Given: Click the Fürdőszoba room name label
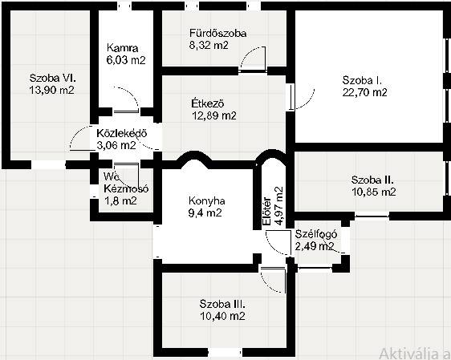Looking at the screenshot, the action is (x=217, y=33).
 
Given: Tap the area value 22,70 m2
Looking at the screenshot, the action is (x=364, y=92).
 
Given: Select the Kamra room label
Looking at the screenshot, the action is (x=122, y=47).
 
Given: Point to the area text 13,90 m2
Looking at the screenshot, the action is (x=52, y=90).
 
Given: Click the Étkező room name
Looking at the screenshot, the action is (x=208, y=103).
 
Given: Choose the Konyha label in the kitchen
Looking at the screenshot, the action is (x=207, y=200).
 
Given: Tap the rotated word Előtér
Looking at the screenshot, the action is (x=266, y=211).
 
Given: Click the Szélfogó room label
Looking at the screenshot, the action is (x=316, y=234).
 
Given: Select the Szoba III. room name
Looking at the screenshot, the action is (x=222, y=304).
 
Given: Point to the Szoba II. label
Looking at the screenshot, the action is (x=372, y=180).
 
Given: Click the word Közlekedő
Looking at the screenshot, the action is (x=122, y=133).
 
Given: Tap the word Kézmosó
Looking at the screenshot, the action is (x=126, y=188).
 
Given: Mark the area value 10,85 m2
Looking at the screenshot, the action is (x=374, y=192).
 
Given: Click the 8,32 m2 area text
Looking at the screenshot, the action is (x=209, y=45).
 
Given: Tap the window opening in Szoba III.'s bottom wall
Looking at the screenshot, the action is (x=225, y=353).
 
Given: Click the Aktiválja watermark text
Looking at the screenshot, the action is (x=415, y=354).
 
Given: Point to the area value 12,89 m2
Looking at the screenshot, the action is (x=214, y=115).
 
